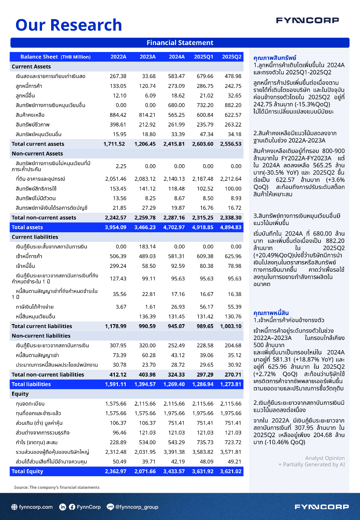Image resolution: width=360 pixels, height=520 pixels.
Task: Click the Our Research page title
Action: click(x=68, y=25)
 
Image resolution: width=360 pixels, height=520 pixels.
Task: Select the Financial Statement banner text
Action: click(x=180, y=43)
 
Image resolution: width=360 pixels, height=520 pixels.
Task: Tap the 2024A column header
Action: click(x=177, y=57)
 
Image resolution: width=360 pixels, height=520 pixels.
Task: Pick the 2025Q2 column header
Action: click(x=232, y=57)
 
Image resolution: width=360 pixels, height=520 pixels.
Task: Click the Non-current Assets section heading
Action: click(x=37, y=153)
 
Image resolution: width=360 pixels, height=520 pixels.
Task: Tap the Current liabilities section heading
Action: click(x=35, y=237)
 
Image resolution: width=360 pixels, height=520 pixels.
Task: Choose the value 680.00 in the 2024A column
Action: click(x=176, y=105)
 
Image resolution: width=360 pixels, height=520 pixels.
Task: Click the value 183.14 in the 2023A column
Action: click(x=147, y=247)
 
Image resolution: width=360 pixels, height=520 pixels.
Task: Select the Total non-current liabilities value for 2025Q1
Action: click(x=204, y=374)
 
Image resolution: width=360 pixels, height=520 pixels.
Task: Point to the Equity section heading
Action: click(x=20, y=394)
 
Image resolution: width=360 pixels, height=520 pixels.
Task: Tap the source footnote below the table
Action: click(x=57, y=487)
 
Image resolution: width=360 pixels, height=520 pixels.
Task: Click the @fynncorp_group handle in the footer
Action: click(x=136, y=507)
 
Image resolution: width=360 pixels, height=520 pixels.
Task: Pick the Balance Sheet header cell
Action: click(x=55, y=57)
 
